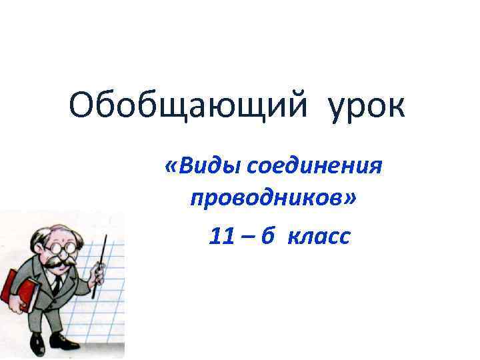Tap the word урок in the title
tap(366, 107)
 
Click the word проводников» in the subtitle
tap(273, 199)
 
